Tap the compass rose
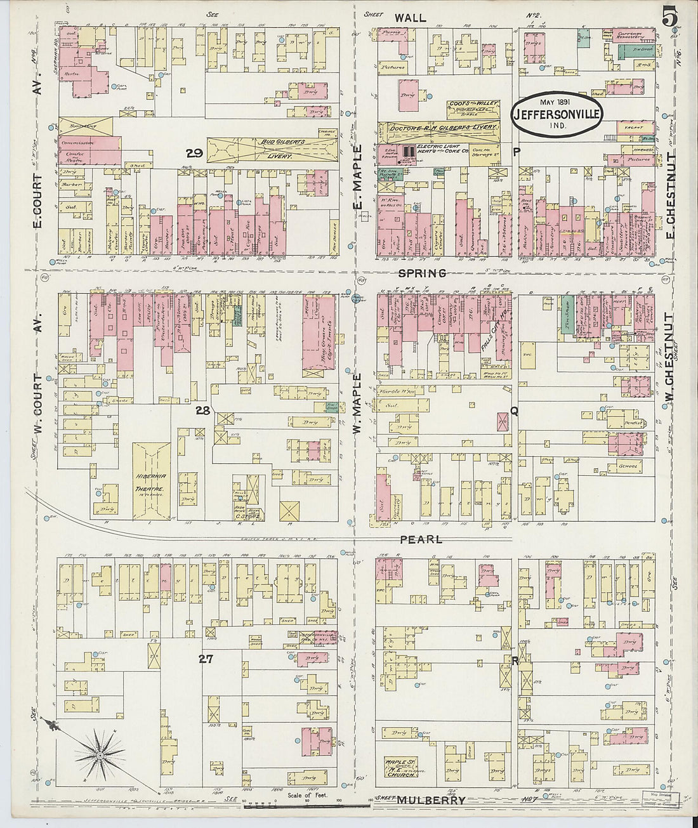100,754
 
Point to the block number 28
202,411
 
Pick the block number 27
205,659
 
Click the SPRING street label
422,273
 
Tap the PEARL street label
421,539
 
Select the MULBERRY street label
431,801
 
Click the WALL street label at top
410,18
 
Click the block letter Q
513,411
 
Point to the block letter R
515,661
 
